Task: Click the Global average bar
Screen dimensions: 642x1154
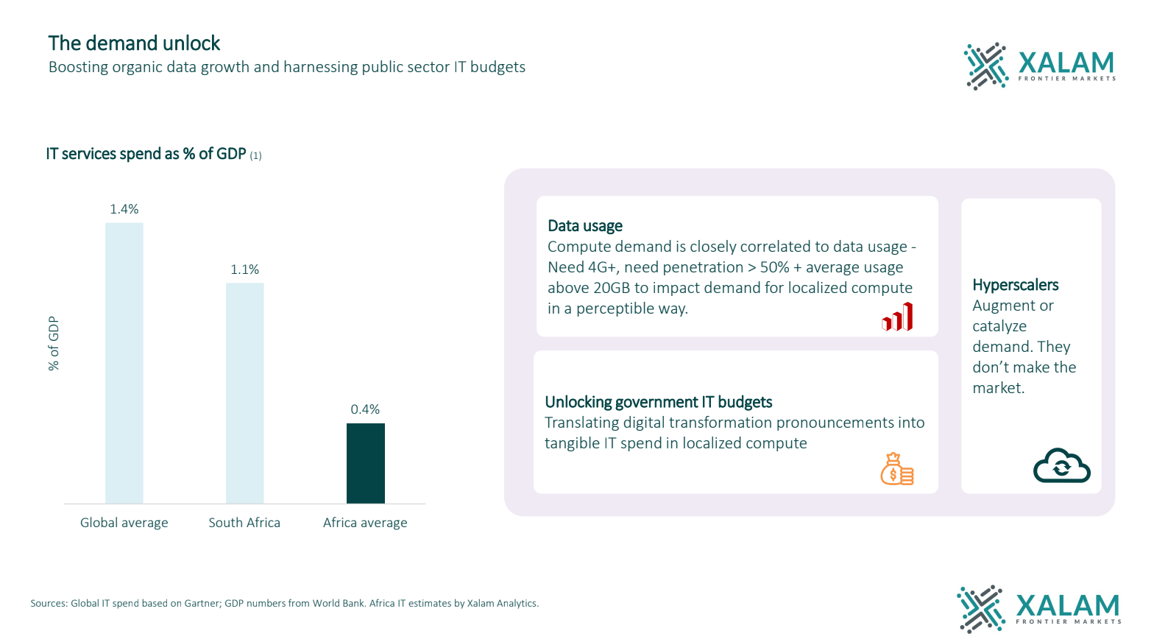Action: [124, 363]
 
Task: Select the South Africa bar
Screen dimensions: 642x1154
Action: [244, 393]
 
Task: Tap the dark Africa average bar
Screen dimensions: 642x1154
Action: [365, 463]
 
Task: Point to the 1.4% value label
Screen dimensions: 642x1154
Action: [124, 209]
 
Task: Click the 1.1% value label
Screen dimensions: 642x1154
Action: [244, 269]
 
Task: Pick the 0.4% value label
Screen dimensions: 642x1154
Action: [365, 409]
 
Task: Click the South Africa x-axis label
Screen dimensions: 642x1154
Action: [244, 523]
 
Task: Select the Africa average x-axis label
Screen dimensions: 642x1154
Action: [365, 523]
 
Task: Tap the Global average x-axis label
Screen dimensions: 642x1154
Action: [124, 523]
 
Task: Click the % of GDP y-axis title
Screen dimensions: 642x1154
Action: [54, 343]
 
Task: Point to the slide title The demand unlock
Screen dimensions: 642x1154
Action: [134, 43]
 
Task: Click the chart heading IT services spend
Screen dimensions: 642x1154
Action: [146, 154]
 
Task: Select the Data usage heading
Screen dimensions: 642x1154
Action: [585, 226]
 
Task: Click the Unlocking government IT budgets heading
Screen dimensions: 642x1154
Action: [658, 402]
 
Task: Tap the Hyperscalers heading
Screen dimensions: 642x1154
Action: [1015, 285]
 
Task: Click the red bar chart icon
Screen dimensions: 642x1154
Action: [897, 317]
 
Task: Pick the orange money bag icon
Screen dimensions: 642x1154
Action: [896, 469]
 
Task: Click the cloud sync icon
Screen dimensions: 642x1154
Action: [1061, 465]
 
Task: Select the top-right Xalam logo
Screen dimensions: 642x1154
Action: [1039, 66]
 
